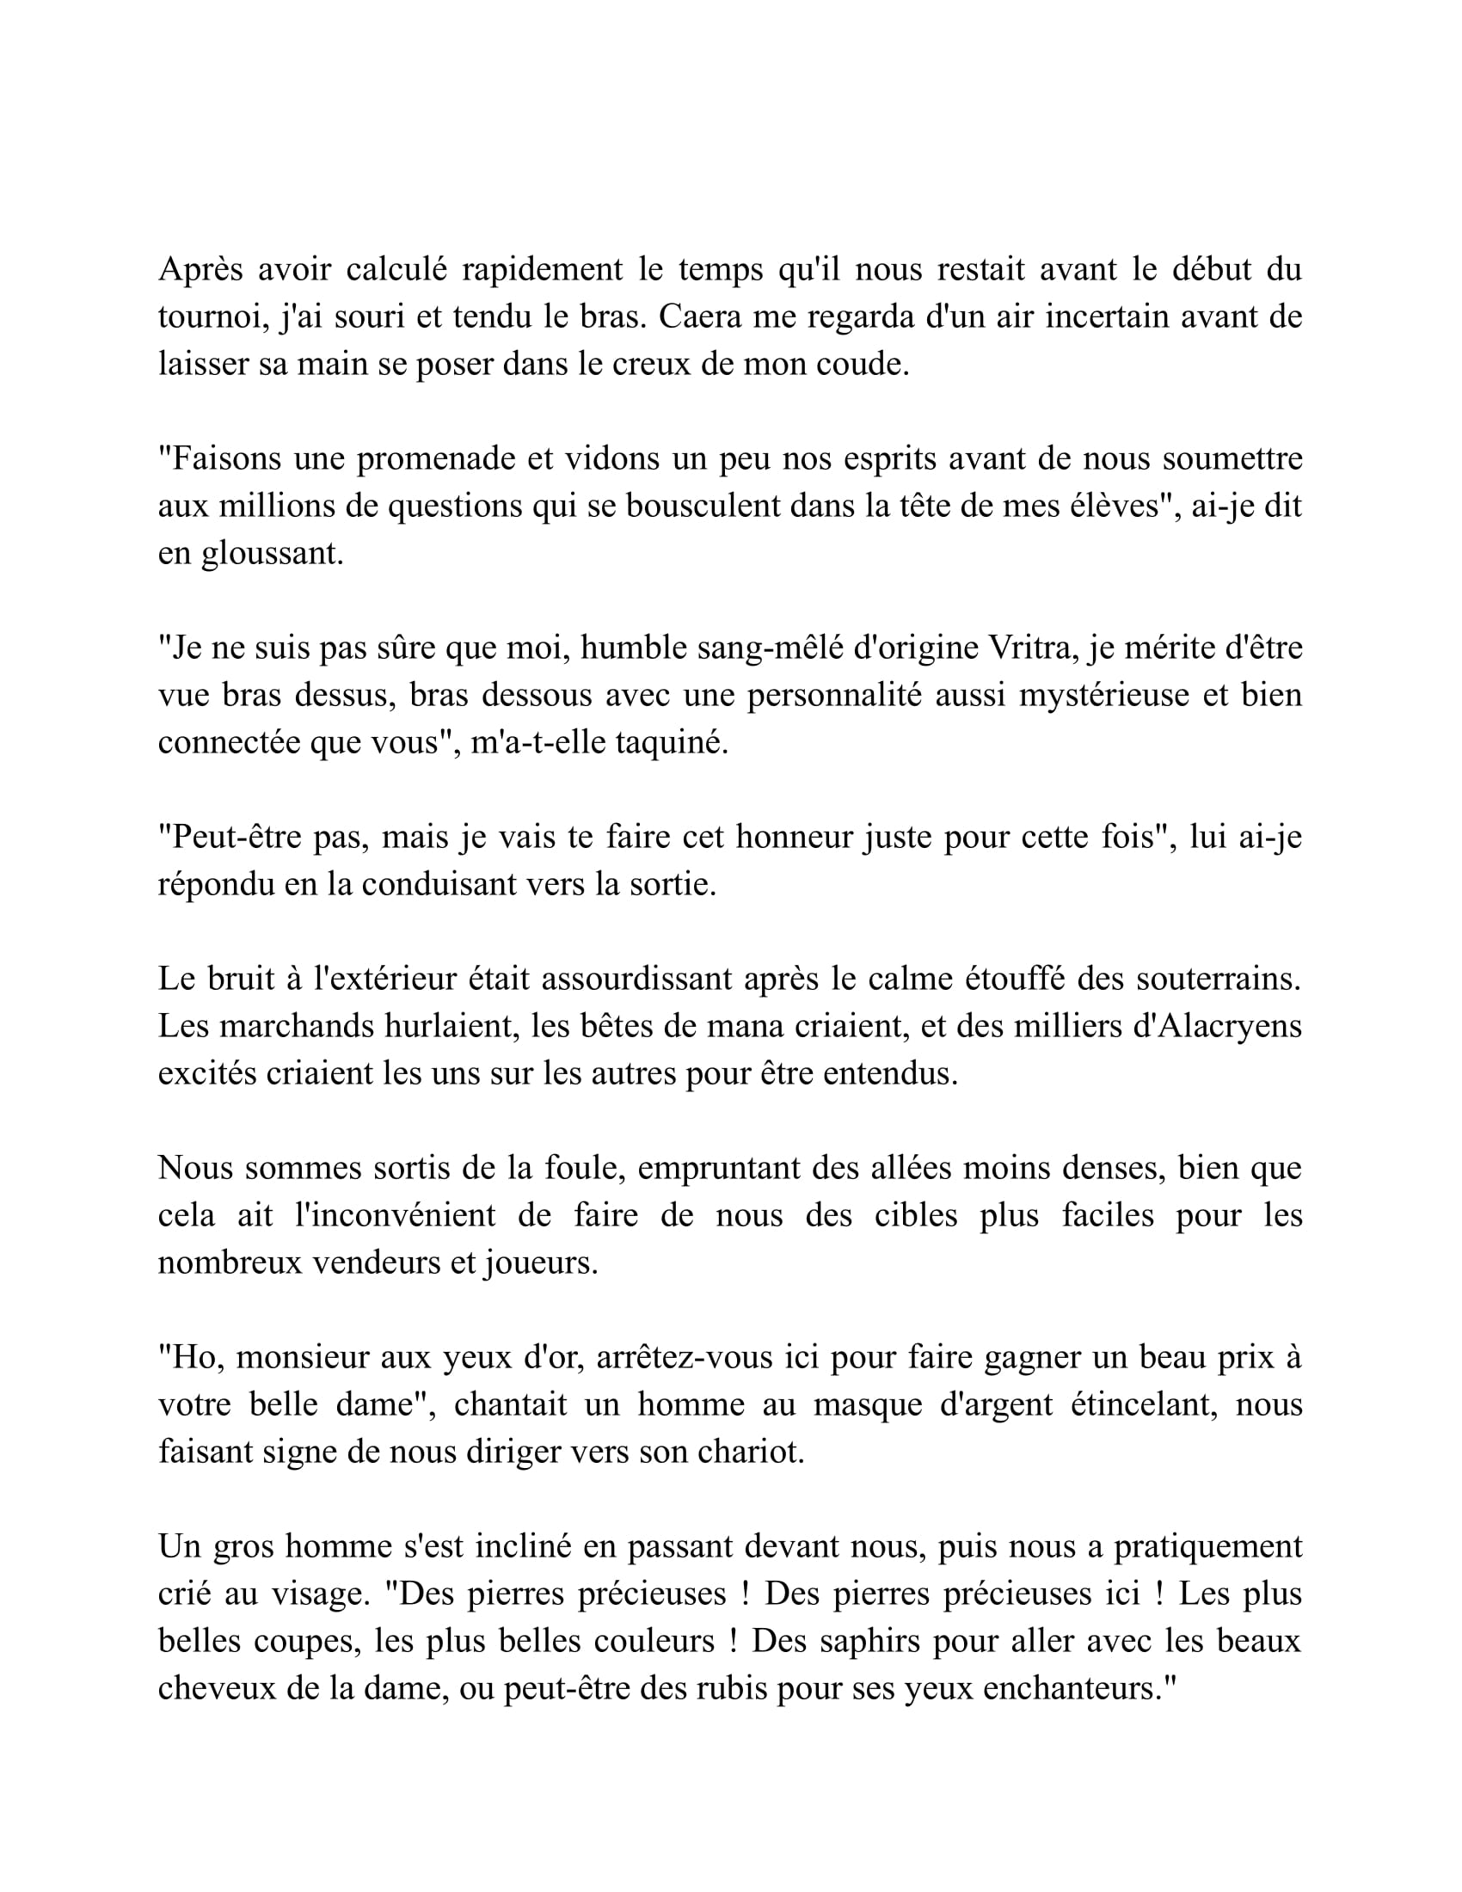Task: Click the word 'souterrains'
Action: click(x=1219, y=980)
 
